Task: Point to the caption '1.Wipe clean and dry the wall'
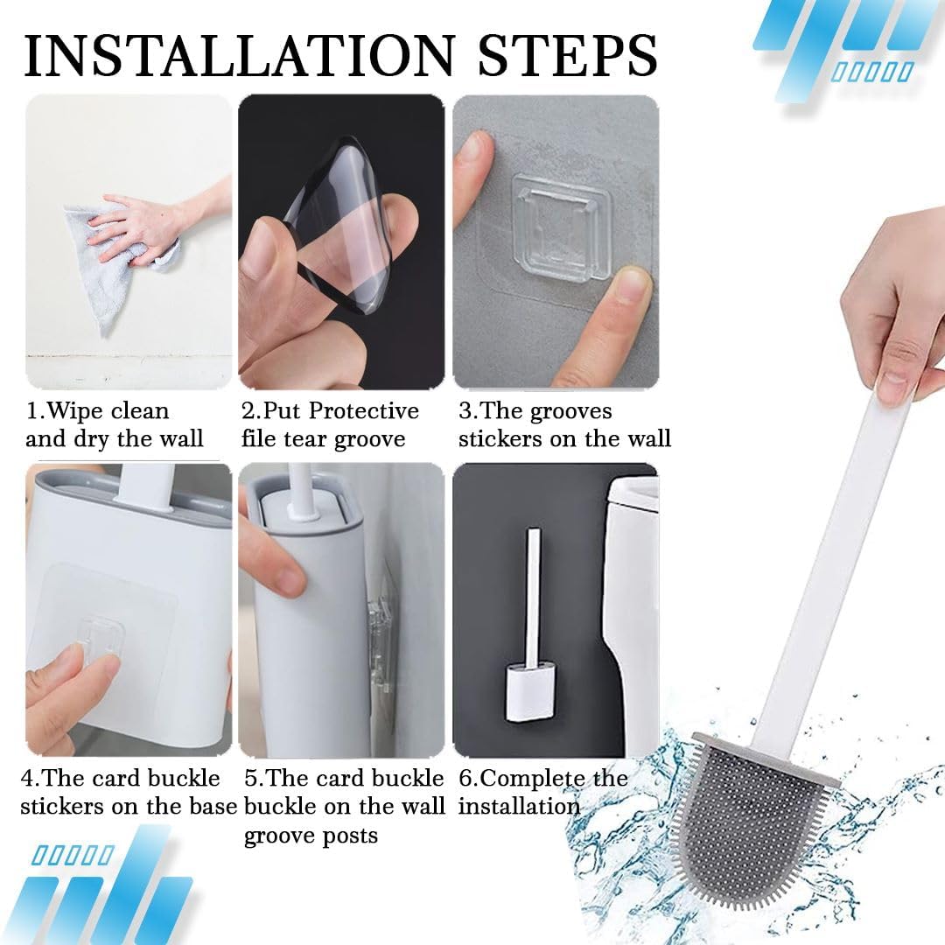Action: pos(114,424)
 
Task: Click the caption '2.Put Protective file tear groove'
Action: pos(330,424)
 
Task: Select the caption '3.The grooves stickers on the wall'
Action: pos(564,424)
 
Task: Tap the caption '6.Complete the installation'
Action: pos(542,792)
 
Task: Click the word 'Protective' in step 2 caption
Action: pos(364,411)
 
